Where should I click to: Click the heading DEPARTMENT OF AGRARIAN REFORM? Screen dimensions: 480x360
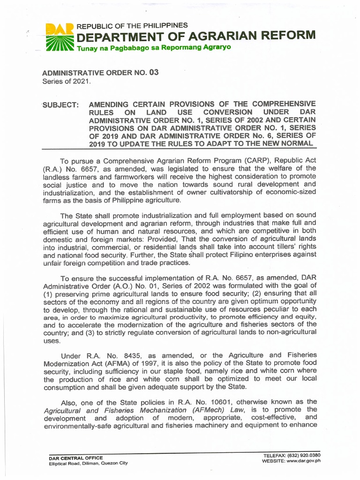click(196, 36)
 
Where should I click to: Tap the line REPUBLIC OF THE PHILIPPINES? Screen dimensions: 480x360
click(132, 25)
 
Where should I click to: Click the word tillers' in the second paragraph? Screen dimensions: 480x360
click(284, 247)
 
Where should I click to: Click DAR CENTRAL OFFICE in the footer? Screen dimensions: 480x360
click(75, 457)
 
